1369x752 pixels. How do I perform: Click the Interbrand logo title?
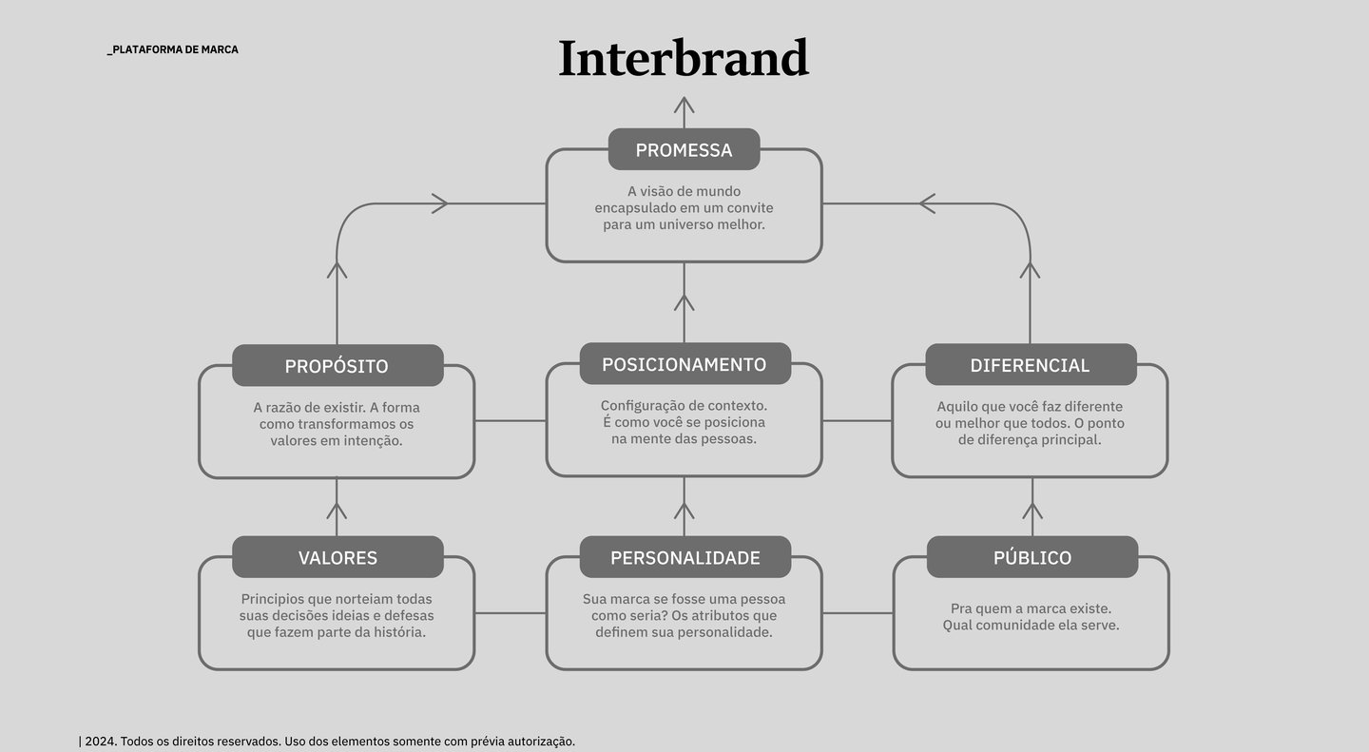684,58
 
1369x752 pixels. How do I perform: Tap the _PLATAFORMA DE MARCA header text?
173,49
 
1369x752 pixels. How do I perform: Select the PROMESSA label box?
684,149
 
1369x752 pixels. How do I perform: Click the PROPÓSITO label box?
337,366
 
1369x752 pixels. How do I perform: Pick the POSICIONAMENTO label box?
684,364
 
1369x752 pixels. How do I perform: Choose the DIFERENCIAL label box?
1031,364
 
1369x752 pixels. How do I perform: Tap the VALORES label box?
337,557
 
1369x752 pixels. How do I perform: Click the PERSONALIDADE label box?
684,557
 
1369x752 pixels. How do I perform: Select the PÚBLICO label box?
1032,557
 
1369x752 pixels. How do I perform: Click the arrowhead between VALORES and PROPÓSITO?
337,511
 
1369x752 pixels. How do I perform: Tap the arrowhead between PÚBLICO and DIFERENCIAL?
1032,511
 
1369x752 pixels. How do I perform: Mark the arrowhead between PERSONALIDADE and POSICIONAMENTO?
684,511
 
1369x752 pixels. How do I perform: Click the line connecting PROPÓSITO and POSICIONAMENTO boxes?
511,420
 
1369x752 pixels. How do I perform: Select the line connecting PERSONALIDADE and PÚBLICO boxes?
858,612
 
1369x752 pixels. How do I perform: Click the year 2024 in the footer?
99,741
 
